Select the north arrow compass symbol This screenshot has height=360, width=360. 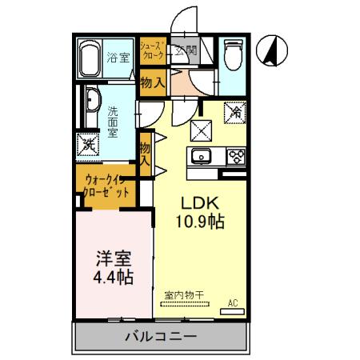point(272,51)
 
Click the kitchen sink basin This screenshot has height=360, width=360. point(200,156)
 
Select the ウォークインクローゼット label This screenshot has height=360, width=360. point(105,186)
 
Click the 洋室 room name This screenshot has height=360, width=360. point(111,260)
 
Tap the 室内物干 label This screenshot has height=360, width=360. point(184,294)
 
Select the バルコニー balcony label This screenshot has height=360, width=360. point(160,336)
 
